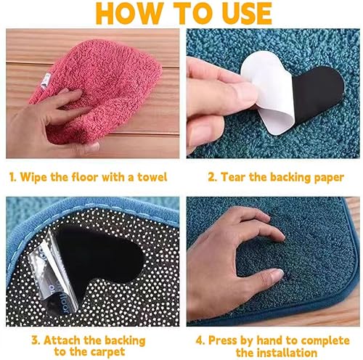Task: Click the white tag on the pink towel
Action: [x=45, y=81]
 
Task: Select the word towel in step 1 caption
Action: [x=152, y=177]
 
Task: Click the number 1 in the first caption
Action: [x=12, y=177]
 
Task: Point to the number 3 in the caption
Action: [x=35, y=340]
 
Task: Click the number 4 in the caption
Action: [x=200, y=340]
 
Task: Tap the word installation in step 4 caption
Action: [x=285, y=352]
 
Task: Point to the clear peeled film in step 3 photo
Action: [x=52, y=274]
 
